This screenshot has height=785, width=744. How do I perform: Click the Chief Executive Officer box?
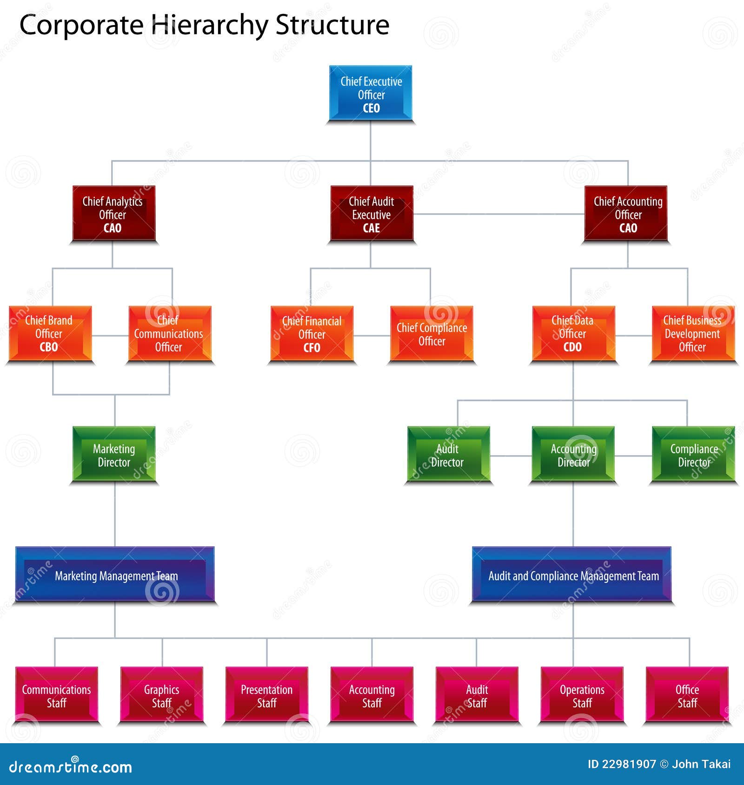371,93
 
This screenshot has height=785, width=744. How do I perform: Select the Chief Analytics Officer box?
113,214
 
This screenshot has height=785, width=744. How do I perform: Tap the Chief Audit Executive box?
372,214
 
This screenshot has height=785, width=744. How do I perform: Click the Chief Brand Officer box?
50,334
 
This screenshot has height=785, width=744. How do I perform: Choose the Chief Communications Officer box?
170,334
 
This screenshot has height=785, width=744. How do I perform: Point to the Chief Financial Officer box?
312,334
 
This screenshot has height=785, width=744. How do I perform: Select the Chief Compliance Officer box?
432,334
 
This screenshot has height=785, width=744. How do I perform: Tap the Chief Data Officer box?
574,334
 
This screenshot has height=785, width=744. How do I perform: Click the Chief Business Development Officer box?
693,334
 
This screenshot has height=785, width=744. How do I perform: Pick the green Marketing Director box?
114,454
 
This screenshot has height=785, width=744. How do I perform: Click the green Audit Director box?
449,454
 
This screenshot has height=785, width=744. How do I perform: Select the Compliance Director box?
693,454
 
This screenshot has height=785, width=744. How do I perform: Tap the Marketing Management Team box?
115,574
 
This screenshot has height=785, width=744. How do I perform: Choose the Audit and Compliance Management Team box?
572,574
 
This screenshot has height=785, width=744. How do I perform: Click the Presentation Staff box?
267,694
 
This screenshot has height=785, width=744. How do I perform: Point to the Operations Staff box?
582,694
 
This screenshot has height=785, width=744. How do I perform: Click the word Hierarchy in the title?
210,25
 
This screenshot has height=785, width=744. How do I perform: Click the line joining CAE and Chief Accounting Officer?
498,214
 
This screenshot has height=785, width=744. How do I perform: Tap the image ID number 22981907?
629,764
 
